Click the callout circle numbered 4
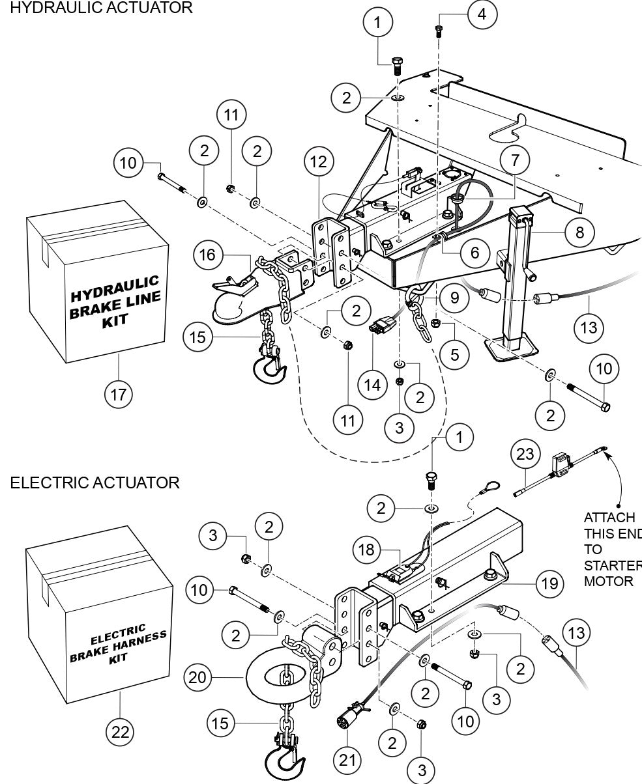click(482, 14)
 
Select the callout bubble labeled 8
click(579, 231)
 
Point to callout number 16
click(207, 254)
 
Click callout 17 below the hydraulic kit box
click(119, 393)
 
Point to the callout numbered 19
click(549, 583)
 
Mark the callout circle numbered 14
click(372, 384)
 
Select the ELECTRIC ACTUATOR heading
click(95, 483)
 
